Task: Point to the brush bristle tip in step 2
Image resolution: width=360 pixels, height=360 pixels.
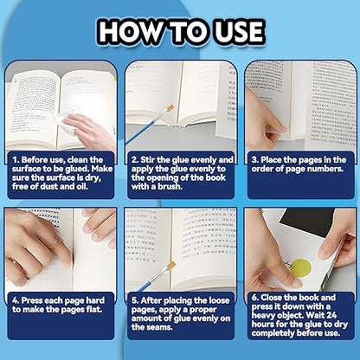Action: coord(170,108)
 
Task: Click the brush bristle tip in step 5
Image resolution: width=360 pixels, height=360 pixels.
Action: coord(171,266)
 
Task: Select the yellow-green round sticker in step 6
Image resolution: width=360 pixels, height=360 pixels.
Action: coord(300,268)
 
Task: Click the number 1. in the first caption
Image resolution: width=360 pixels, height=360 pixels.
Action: coord(16,160)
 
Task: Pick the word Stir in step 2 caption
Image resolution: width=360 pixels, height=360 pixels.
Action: coord(148,159)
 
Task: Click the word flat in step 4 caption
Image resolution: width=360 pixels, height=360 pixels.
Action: coord(94,310)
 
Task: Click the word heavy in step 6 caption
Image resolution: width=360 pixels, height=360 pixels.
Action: coord(263,315)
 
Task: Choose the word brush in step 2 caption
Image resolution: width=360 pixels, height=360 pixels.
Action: coord(170,186)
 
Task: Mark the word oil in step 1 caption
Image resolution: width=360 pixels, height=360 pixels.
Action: coord(82,186)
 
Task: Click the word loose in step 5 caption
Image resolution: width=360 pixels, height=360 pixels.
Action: coord(219,300)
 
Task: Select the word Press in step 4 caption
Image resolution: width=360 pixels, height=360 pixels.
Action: coord(32,300)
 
